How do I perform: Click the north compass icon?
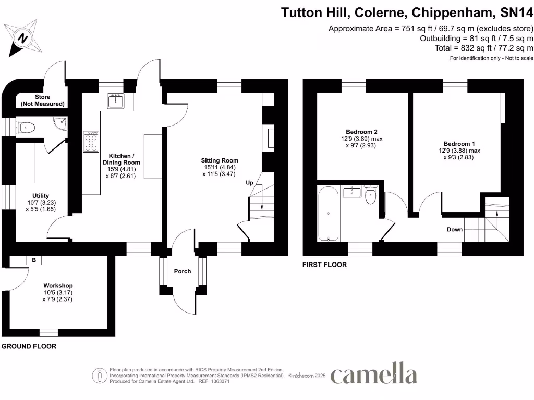pyautogui.click(x=22, y=37)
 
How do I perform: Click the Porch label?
pyautogui.click(x=183, y=271)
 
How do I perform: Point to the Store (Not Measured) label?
pyautogui.click(x=35, y=101)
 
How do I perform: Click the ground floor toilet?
pyautogui.click(x=26, y=126)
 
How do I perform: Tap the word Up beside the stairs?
pyautogui.click(x=250, y=183)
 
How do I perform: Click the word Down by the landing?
pyautogui.click(x=454, y=229)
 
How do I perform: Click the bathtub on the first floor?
pyautogui.click(x=330, y=214)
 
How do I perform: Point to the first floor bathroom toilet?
pyautogui.click(x=371, y=195)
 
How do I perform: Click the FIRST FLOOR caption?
pyautogui.click(x=324, y=265)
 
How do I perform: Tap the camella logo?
pyautogui.click(x=373, y=374)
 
